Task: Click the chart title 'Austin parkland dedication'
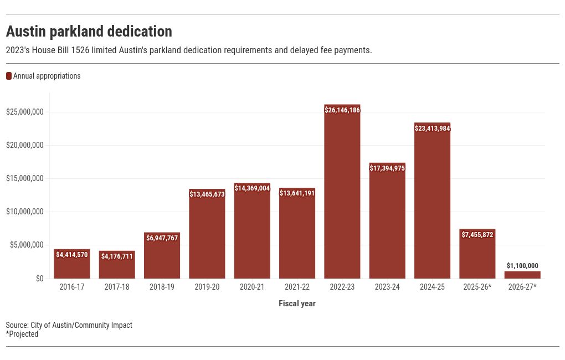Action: coord(89,31)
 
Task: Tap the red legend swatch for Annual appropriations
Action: coord(9,76)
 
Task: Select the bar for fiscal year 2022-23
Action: coord(342,194)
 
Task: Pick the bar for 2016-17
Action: coord(72,266)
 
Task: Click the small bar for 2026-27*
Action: coord(522,275)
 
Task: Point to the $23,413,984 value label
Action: coord(432,128)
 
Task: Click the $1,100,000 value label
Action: coord(522,266)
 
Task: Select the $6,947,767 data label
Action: coord(162,238)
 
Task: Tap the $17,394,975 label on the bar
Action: coord(387,168)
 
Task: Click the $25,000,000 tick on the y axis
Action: coord(25,112)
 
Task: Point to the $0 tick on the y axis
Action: coord(39,279)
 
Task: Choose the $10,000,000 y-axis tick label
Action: coord(25,212)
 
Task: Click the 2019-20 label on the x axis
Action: coord(207,287)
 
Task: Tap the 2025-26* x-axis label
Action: coord(477,287)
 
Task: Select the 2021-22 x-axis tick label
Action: coord(297,287)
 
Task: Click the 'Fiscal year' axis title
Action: coord(297,304)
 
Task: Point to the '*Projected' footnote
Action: coord(22,334)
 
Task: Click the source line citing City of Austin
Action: coord(69,325)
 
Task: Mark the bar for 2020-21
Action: coord(252,233)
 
